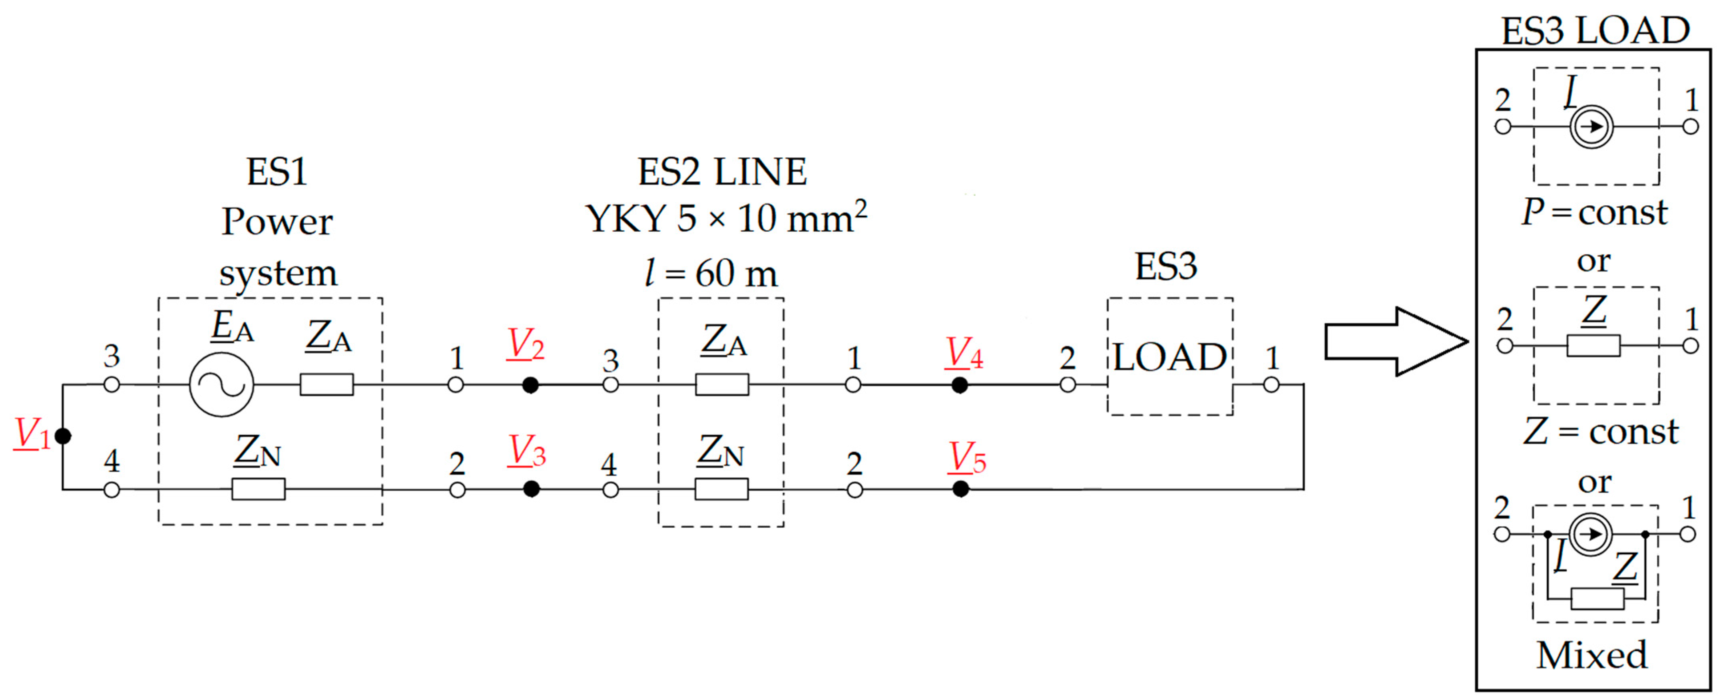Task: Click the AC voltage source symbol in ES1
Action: [x=221, y=385]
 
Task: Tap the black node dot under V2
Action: [x=530, y=385]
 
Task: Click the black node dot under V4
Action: [x=960, y=385]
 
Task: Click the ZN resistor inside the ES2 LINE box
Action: [x=721, y=489]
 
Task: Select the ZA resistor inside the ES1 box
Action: [x=326, y=385]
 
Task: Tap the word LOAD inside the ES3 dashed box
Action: [x=1169, y=358]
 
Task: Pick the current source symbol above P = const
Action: [x=1592, y=127]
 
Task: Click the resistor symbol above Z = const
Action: [x=1593, y=346]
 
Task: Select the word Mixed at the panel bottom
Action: [x=1592, y=655]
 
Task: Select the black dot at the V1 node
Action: [x=63, y=436]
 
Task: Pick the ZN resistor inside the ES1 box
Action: [x=258, y=489]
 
